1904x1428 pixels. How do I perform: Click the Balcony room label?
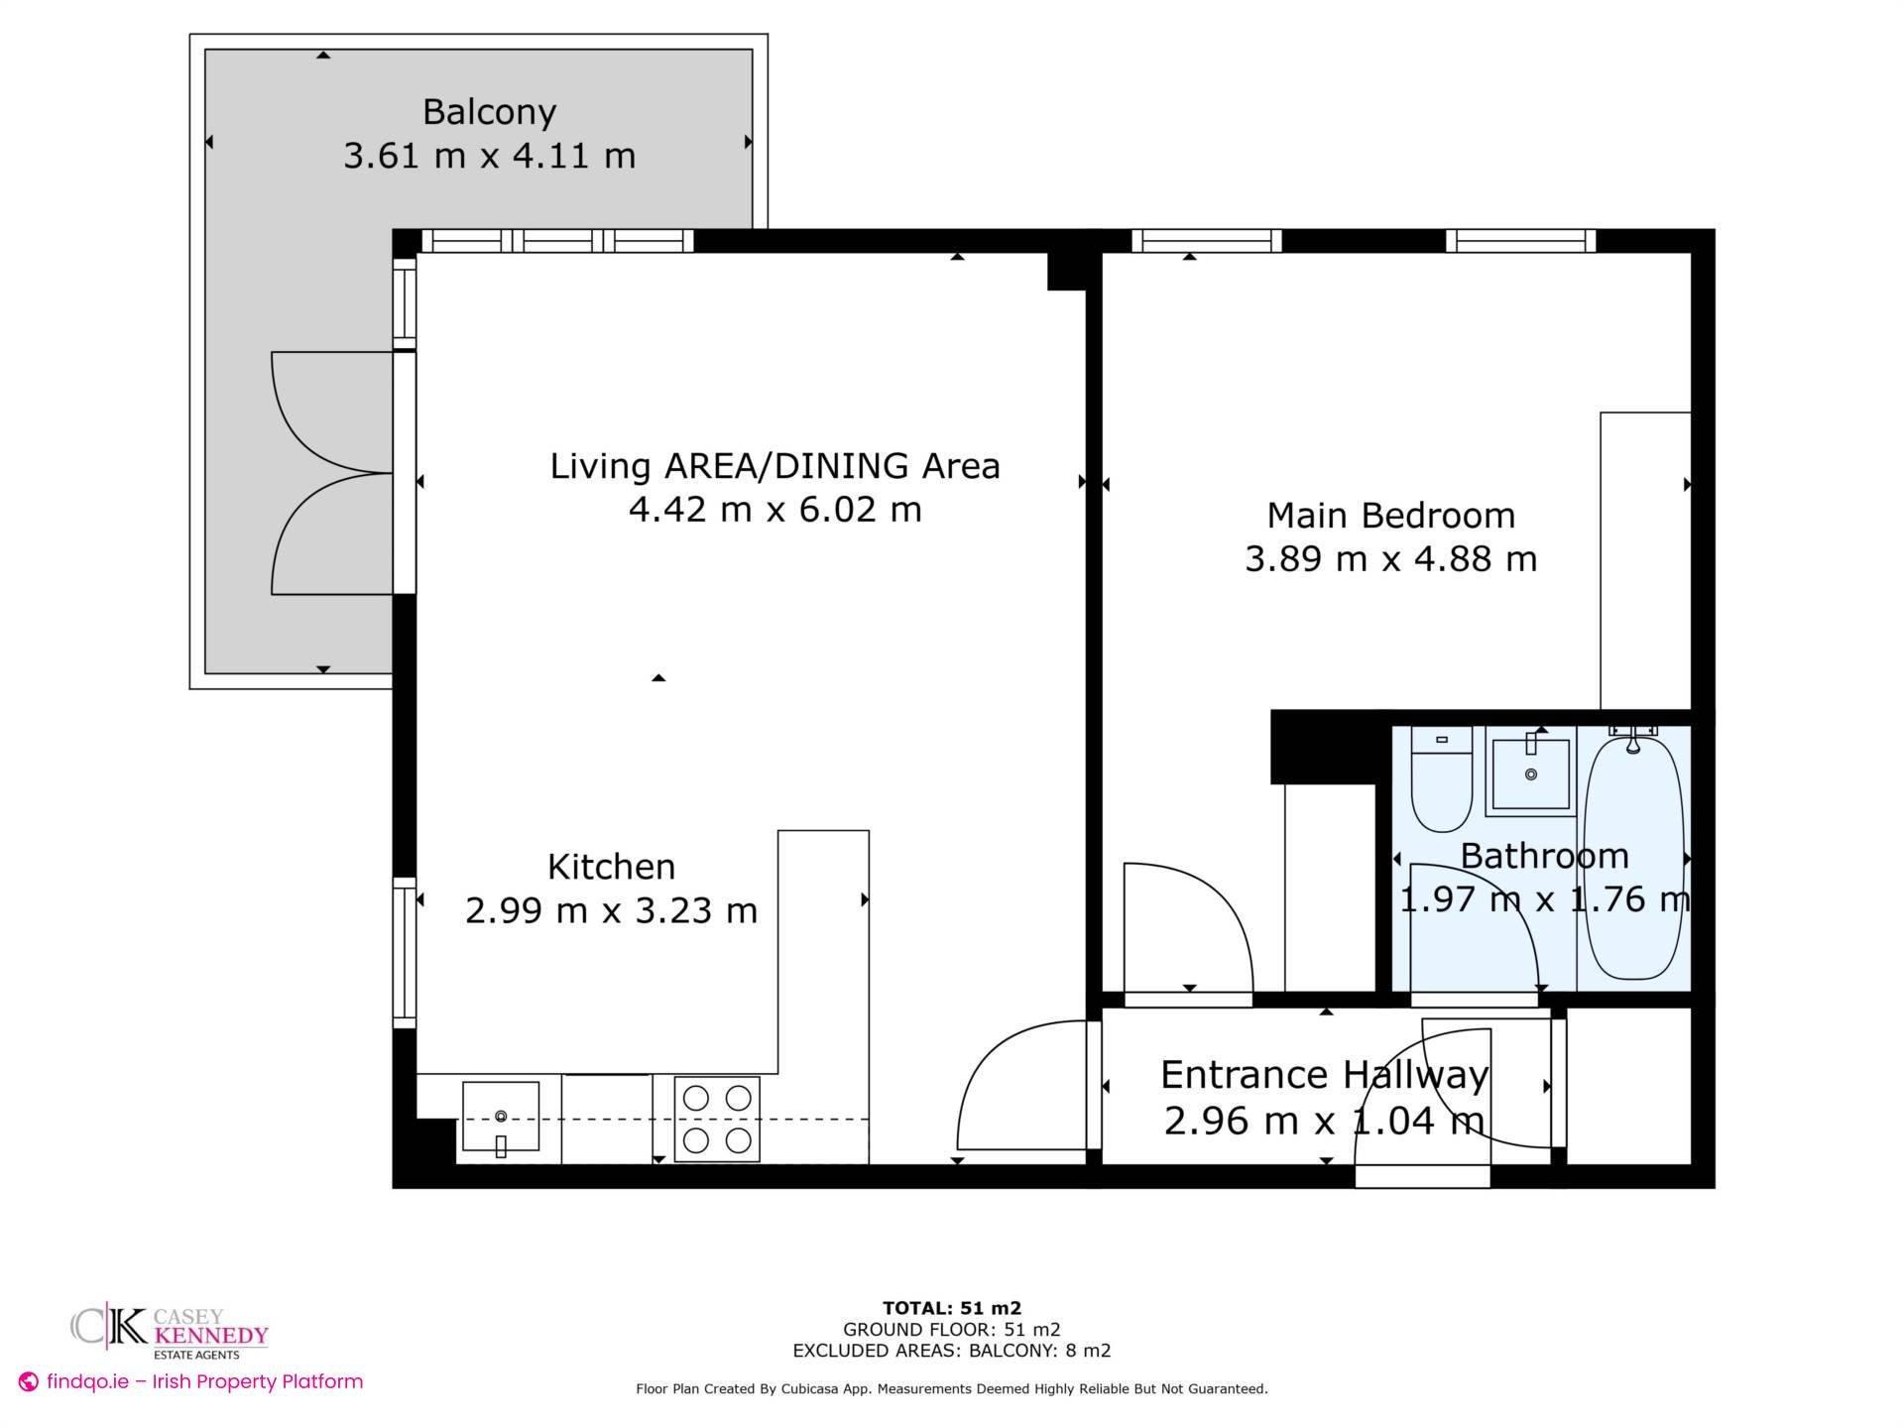tap(489, 111)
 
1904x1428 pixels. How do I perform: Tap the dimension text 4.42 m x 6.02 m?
tap(774, 510)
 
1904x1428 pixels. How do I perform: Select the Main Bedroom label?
tap(1390, 516)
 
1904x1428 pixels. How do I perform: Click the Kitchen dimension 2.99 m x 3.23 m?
tap(611, 910)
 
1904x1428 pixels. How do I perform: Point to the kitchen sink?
tap(501, 1118)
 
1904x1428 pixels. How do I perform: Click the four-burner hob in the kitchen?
tap(717, 1119)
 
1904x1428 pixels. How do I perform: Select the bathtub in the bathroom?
tap(1633, 853)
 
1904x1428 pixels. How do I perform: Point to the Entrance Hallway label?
tap(1324, 1075)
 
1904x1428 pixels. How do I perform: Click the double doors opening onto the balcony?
tap(332, 473)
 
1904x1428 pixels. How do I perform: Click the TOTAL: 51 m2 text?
tap(951, 1308)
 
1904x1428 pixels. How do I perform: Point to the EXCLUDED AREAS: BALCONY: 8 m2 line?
tap(951, 1351)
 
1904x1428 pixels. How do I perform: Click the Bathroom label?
tap(1544, 856)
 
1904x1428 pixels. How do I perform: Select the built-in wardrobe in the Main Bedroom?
tap(1645, 560)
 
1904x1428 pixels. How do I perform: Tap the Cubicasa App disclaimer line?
tap(951, 1389)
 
